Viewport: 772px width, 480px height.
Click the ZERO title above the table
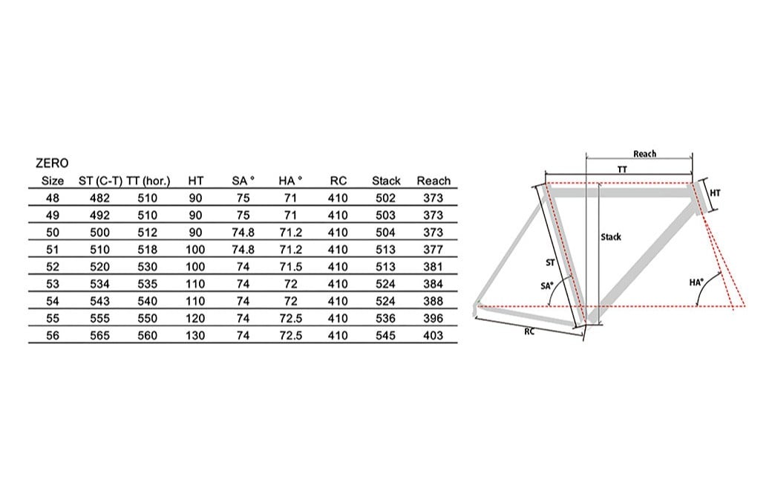click(x=52, y=163)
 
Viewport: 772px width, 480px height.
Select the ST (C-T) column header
click(x=100, y=181)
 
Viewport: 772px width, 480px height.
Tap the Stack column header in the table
click(x=386, y=181)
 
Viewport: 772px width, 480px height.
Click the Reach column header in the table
click(x=434, y=181)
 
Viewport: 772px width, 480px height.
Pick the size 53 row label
click(x=53, y=284)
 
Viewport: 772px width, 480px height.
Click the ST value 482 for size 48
click(x=99, y=198)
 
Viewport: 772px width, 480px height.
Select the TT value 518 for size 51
click(x=147, y=250)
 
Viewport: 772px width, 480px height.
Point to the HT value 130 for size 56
click(x=195, y=336)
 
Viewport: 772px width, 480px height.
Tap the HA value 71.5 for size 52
click(x=290, y=267)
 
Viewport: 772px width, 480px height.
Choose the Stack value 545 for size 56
click(x=385, y=336)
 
